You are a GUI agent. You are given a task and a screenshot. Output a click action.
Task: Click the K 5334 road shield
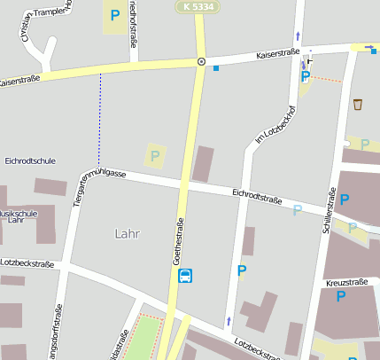tap(198, 6)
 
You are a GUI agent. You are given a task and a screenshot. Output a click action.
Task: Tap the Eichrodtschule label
tap(30, 161)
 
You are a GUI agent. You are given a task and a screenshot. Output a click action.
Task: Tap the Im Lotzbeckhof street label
tap(274, 126)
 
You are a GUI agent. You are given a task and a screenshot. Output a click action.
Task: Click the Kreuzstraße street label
tap(346, 282)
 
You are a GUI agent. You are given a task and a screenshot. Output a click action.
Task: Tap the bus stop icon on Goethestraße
tap(185, 276)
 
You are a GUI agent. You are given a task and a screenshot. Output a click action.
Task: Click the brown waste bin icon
tap(358, 104)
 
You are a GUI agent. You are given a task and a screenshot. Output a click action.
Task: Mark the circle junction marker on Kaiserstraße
tap(201, 62)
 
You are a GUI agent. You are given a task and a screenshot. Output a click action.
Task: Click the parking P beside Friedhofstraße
tap(114, 15)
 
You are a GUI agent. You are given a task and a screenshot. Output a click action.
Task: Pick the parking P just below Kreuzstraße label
tap(341, 296)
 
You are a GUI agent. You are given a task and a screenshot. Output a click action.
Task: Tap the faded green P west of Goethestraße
tap(155, 156)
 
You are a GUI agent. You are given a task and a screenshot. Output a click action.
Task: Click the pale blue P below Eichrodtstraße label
tap(298, 210)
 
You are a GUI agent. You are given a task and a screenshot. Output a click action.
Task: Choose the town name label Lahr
tap(128, 234)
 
